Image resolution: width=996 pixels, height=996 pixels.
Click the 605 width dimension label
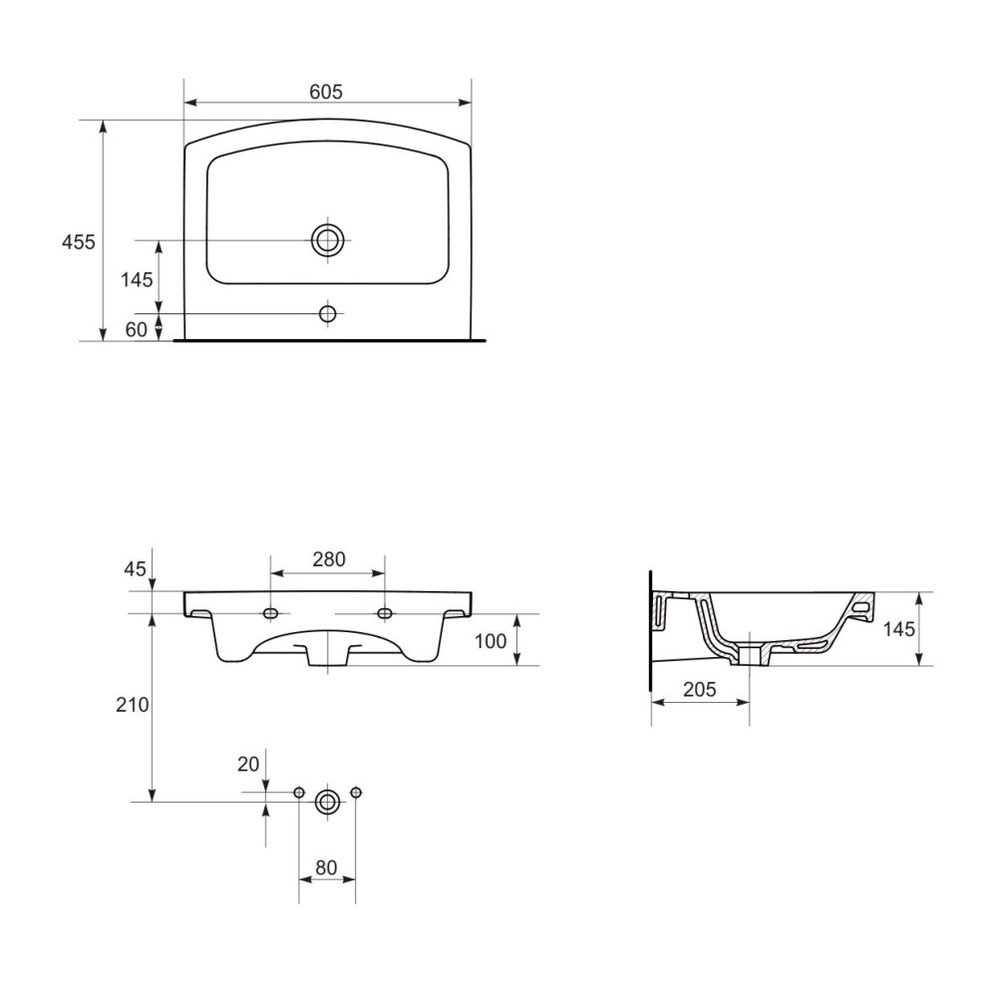point(326,92)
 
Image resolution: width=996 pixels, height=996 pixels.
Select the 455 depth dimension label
point(78,242)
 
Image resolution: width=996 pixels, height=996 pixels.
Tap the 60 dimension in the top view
point(136,329)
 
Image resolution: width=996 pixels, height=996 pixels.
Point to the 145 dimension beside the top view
point(138,279)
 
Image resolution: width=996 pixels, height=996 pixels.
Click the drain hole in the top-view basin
point(327,240)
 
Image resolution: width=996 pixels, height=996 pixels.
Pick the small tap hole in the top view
point(328,314)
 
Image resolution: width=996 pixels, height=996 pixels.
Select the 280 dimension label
point(329,559)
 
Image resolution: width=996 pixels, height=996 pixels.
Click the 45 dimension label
point(135,568)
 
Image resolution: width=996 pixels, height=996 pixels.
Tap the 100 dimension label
point(491,641)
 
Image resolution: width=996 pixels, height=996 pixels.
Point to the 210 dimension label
point(133,704)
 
